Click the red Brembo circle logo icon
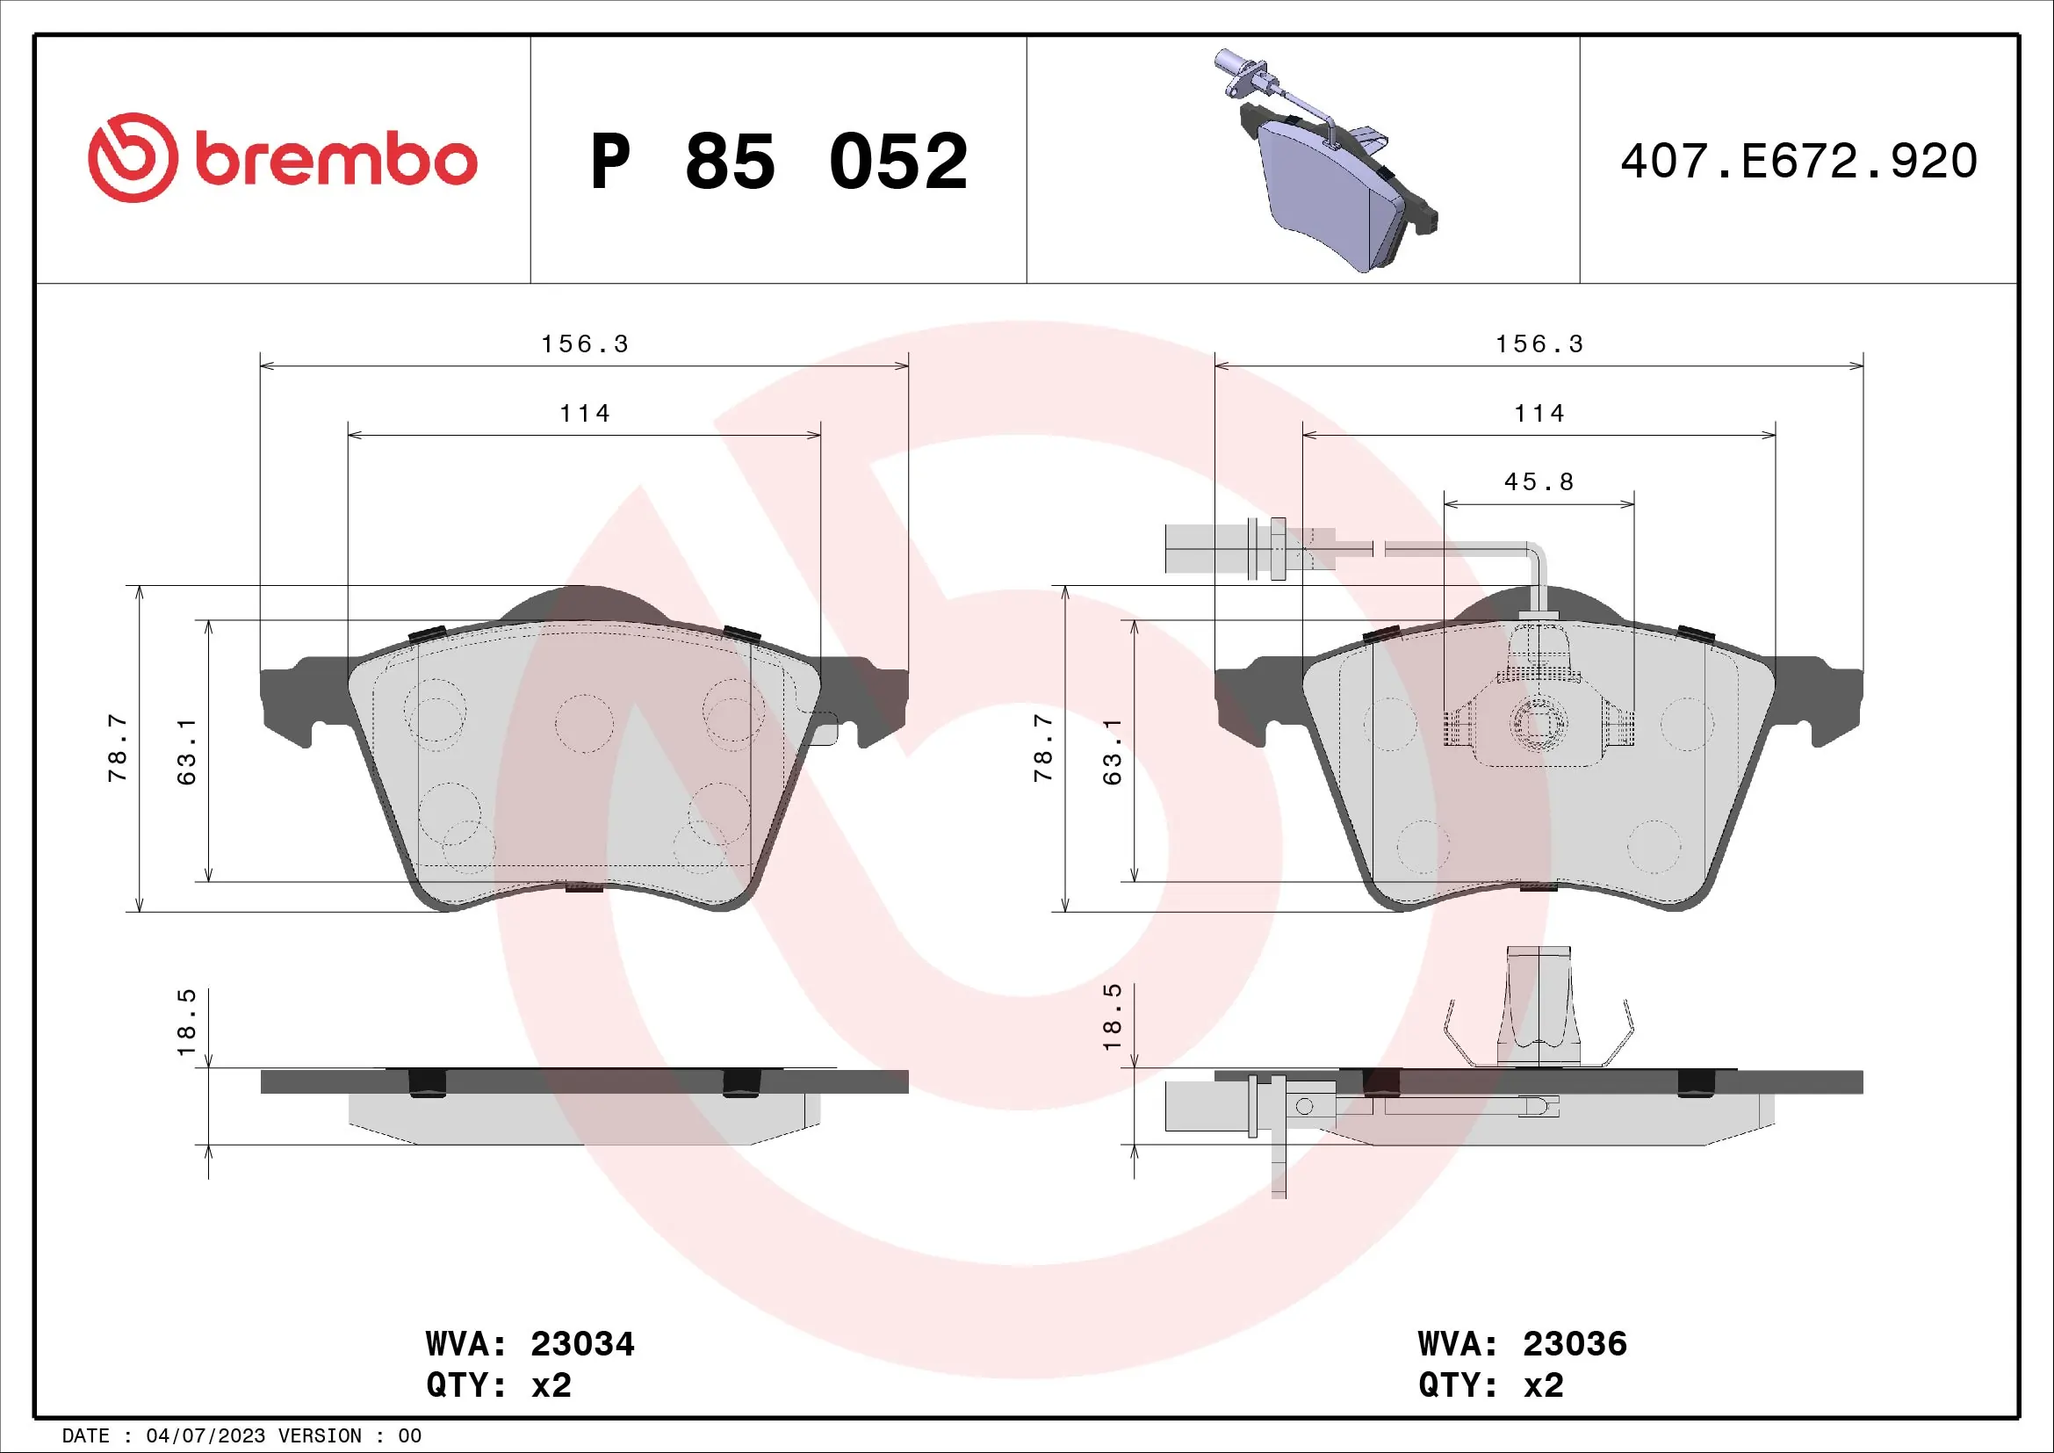pyautogui.click(x=133, y=157)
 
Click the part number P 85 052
pyautogui.click(x=778, y=162)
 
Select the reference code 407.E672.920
pyautogui.click(x=1798, y=161)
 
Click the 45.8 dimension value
pyautogui.click(x=1539, y=482)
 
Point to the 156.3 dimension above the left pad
pyautogui.click(x=585, y=344)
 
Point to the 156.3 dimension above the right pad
pyautogui.click(x=1539, y=344)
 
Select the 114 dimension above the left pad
pyautogui.click(x=585, y=414)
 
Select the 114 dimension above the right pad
pyautogui.click(x=1539, y=414)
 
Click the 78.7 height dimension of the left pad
pyautogui.click(x=118, y=748)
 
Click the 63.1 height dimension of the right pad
pyautogui.click(x=1112, y=752)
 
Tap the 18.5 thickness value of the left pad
pyautogui.click(x=186, y=1022)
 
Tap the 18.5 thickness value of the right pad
pyautogui.click(x=1112, y=1017)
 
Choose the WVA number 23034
pyautogui.click(x=582, y=1344)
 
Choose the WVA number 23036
pyautogui.click(x=1575, y=1344)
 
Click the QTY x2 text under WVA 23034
pyautogui.click(x=498, y=1385)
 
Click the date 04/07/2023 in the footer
pyautogui.click(x=205, y=1436)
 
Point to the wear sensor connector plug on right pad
pyautogui.click(x=1203, y=547)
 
